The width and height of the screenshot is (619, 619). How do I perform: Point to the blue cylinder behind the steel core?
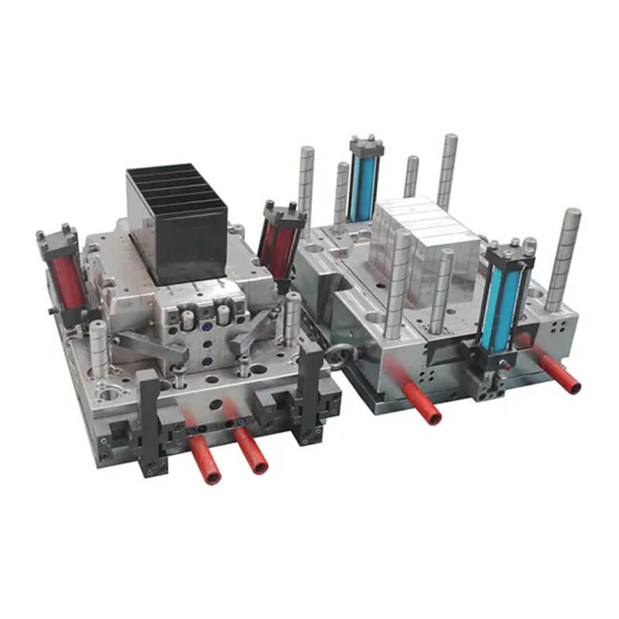click(x=364, y=186)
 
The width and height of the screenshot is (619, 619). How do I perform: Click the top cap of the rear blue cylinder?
click(x=366, y=143)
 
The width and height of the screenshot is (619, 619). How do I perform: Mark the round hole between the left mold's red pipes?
click(x=216, y=405)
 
